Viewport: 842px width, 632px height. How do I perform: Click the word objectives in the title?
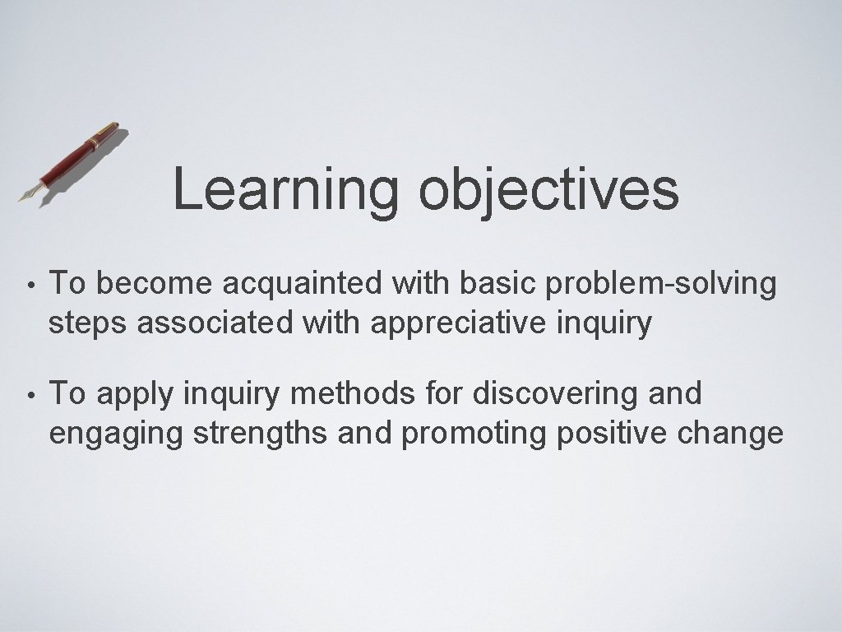pos(548,191)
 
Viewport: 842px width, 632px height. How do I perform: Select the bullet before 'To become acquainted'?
pos(29,285)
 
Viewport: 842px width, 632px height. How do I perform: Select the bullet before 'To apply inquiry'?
pos(29,395)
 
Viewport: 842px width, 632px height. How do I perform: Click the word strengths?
pos(261,433)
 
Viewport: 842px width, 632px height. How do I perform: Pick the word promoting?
pos(474,433)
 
